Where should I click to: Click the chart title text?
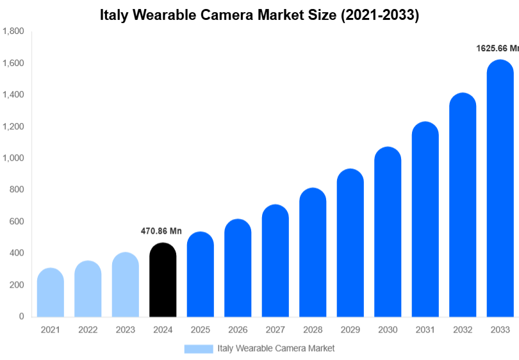click(x=259, y=15)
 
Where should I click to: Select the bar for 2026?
click(x=238, y=268)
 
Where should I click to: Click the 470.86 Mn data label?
click(x=161, y=231)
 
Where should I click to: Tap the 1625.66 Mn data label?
click(x=497, y=48)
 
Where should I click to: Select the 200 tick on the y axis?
click(x=17, y=285)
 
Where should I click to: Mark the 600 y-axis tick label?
click(x=17, y=222)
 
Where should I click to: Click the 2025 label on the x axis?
click(x=200, y=330)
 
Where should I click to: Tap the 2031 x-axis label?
click(x=425, y=330)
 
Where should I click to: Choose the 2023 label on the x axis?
click(x=126, y=330)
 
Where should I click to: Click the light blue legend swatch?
click(x=198, y=348)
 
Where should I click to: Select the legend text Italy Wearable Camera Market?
click(x=276, y=348)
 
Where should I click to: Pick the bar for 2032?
click(x=463, y=205)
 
